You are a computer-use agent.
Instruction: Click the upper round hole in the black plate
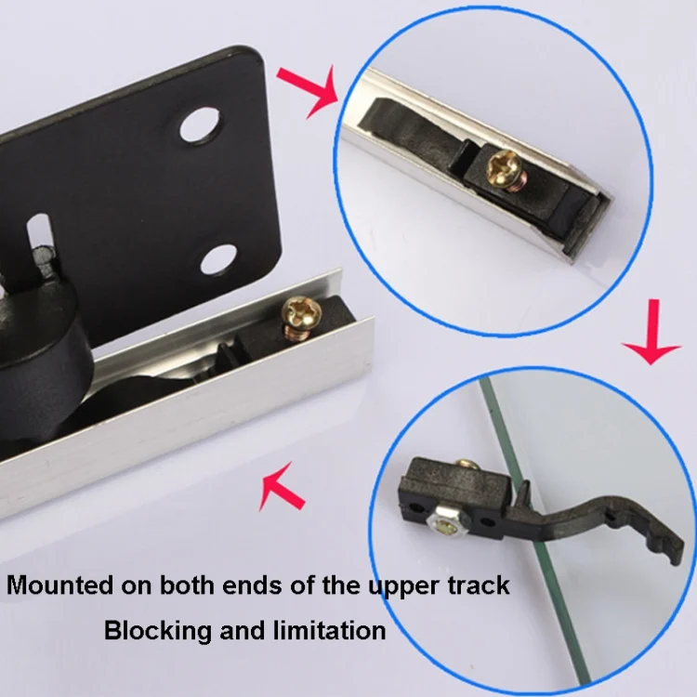tap(201, 125)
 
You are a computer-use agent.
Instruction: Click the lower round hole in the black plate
tap(217, 259)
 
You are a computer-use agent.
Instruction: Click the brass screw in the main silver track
tap(300, 317)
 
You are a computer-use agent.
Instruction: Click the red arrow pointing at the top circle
tap(308, 91)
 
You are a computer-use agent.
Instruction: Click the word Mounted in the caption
tap(60, 585)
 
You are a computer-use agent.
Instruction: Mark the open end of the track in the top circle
tap(587, 228)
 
